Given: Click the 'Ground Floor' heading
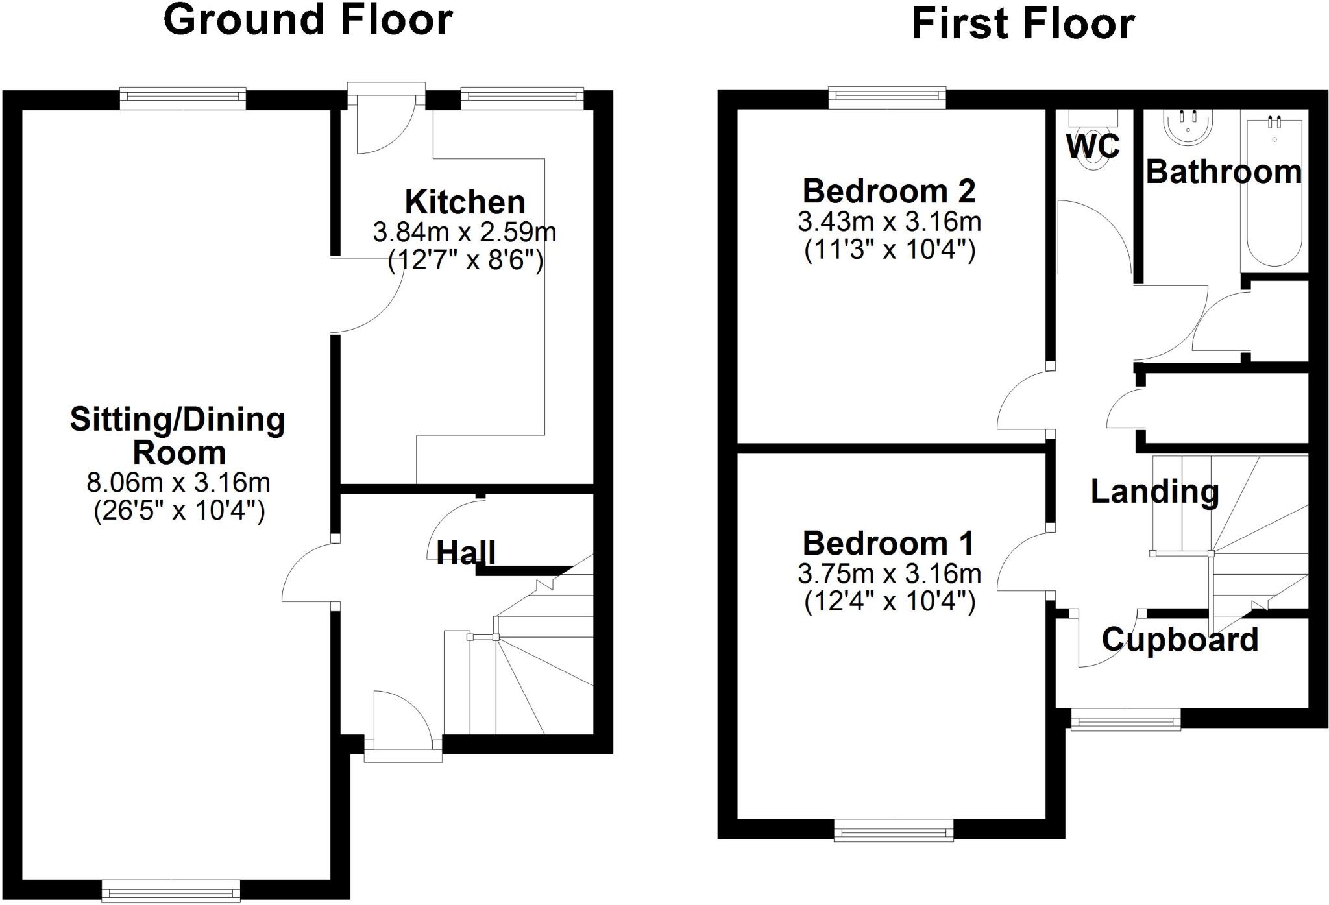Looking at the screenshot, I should (x=308, y=20).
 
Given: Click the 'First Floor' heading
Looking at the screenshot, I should (x=1023, y=25).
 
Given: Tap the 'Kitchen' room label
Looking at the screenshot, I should (x=465, y=202).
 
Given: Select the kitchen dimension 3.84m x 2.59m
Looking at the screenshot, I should (x=465, y=232).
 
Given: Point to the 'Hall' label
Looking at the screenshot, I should (x=466, y=553).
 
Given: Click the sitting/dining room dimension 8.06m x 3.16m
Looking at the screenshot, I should (x=178, y=482).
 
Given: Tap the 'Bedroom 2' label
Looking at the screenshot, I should (x=889, y=191).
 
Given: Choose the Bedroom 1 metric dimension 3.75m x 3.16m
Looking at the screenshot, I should (x=889, y=573).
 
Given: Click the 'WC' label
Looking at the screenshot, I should (x=1093, y=146).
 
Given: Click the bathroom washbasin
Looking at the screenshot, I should (x=1188, y=128).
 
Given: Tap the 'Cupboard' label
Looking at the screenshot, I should (x=1180, y=640).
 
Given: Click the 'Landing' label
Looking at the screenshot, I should (x=1154, y=491).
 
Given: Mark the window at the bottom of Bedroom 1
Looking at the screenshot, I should (x=894, y=830).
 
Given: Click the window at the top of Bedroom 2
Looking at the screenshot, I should (x=887, y=97).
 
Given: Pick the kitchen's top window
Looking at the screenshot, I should (x=522, y=97).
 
